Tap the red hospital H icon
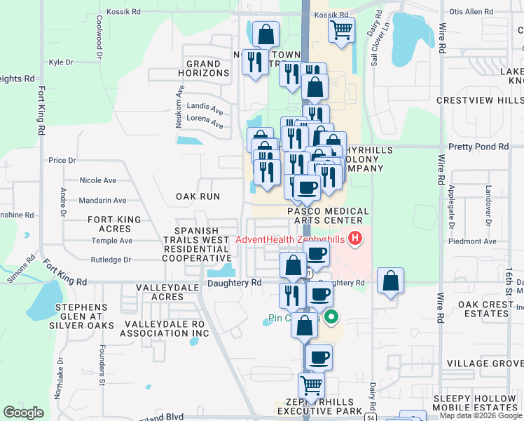(x=355, y=239)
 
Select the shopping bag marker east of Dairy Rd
(x=391, y=281)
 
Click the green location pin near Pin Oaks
(x=332, y=317)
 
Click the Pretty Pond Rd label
(x=478, y=147)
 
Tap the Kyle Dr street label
(x=62, y=62)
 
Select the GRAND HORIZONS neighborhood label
(x=204, y=68)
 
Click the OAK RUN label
(x=198, y=197)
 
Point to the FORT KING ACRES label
(x=114, y=224)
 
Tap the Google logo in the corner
(x=23, y=413)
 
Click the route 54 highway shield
(x=368, y=417)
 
